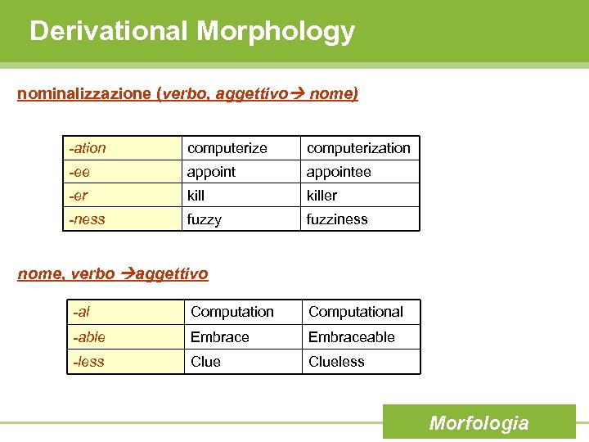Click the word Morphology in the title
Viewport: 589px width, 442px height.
276,31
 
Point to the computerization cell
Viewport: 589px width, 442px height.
358,148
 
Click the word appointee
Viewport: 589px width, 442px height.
338,172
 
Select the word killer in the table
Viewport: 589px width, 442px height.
321,196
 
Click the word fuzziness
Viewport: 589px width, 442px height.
337,219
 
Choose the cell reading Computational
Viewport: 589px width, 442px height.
355,312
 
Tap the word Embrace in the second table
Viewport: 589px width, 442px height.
219,337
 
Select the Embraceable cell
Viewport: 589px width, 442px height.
351,337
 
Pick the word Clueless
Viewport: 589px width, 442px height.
336,362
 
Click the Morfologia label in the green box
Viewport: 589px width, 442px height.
479,423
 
